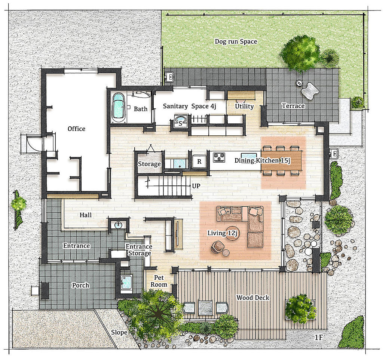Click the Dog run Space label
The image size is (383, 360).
(236, 41)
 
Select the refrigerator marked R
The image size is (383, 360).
(199, 161)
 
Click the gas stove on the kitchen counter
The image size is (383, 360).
(219, 157)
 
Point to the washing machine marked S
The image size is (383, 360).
(180, 121)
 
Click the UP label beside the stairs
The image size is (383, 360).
(196, 186)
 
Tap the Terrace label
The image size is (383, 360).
(293, 106)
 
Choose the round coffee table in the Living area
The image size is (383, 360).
(232, 233)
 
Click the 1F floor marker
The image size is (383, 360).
(319, 338)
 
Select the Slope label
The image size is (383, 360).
(119, 332)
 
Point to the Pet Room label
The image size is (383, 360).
(159, 281)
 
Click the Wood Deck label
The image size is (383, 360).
(253, 298)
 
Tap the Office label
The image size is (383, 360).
(76, 129)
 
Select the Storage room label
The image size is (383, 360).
(149, 164)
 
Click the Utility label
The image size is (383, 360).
(244, 106)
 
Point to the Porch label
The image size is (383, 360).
(81, 285)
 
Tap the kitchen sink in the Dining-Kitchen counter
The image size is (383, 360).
(249, 156)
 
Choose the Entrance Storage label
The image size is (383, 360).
(139, 250)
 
